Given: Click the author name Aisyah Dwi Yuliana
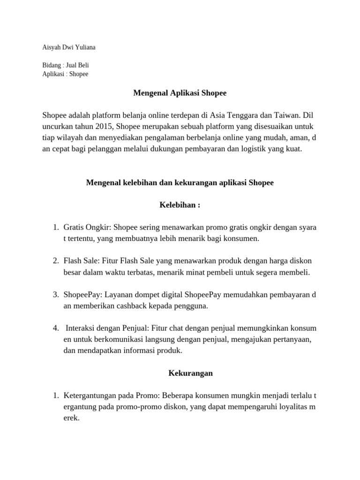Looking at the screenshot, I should tap(69, 47).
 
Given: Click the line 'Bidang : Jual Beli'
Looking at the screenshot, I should tap(66, 65).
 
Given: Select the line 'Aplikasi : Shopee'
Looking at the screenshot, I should tap(65, 74).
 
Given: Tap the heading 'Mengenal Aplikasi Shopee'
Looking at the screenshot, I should tap(180, 93).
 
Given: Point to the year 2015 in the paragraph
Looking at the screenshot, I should tap(103, 126).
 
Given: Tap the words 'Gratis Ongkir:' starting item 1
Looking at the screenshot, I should tap(85, 227).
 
